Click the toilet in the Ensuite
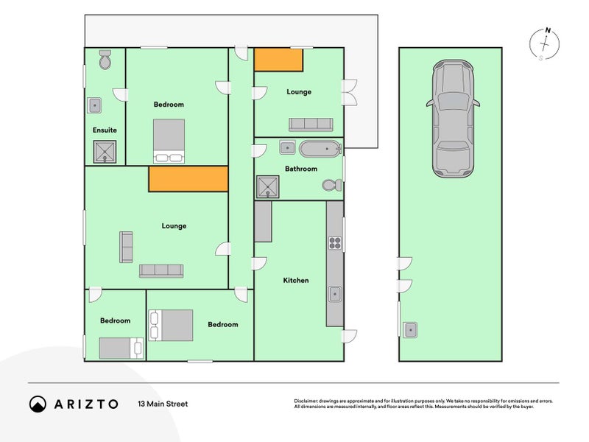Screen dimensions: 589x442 (x=105, y=60)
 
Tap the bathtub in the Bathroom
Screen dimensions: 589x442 (x=320, y=149)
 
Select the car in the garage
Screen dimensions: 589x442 (x=453, y=119)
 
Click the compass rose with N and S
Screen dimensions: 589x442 (x=544, y=44)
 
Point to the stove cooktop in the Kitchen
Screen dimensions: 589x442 (x=335, y=243)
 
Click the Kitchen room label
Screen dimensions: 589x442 (x=296, y=281)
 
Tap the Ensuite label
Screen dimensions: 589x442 (x=105, y=130)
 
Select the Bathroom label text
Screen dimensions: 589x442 (x=301, y=169)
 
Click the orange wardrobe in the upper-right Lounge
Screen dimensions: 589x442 (x=278, y=60)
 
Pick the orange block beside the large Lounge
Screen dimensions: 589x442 (x=188, y=179)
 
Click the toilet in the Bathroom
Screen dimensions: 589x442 (x=332, y=185)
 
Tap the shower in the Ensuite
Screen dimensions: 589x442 (x=105, y=152)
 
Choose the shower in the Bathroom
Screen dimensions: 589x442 (x=268, y=187)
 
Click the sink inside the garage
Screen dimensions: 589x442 (x=410, y=330)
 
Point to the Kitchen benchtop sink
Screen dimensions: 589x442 (x=335, y=294)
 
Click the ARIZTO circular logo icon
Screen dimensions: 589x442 (x=38, y=404)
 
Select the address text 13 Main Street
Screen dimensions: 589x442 (x=163, y=404)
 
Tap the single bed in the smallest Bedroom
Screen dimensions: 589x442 (x=121, y=348)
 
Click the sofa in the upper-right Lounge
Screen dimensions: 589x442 (x=311, y=124)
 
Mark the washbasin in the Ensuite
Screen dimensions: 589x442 (x=94, y=105)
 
